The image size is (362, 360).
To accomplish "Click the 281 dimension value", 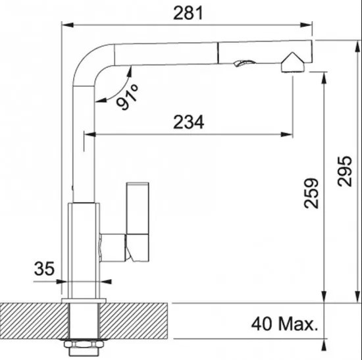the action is point(188,13).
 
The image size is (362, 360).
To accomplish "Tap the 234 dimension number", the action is point(189,122).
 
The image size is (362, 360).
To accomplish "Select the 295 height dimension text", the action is point(344,171).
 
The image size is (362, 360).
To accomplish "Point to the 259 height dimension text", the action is point(311,193).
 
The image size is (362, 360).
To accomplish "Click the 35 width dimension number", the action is point(44,269).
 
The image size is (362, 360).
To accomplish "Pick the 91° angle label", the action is point(127,97).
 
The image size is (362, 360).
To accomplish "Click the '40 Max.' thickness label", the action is point(284,324).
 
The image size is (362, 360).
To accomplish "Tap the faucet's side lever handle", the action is point(138,222).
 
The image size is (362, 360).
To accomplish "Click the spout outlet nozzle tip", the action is point(293,63).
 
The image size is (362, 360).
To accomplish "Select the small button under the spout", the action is point(244,63).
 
